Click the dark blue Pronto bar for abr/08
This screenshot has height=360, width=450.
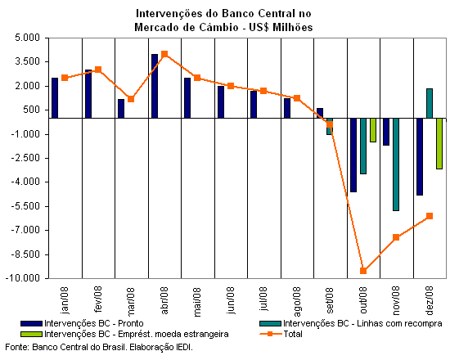click(x=155, y=86)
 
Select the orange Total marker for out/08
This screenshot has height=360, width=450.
click(x=363, y=271)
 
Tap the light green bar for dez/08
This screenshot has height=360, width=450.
click(x=439, y=143)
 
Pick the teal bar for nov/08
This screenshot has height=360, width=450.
click(x=396, y=164)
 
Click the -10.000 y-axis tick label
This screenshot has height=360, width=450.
click(x=23, y=278)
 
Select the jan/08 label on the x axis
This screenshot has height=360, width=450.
click(x=65, y=300)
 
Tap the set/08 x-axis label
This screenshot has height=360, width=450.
click(x=330, y=300)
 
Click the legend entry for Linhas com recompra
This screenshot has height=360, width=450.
click(x=351, y=323)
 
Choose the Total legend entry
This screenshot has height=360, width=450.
click(x=281, y=334)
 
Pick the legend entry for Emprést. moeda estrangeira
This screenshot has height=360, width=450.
click(x=124, y=334)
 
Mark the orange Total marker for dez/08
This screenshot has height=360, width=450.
click(x=430, y=216)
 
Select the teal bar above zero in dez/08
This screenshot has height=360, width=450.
click(x=430, y=103)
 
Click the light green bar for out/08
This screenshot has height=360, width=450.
click(x=373, y=130)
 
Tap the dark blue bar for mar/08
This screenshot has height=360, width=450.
click(x=121, y=109)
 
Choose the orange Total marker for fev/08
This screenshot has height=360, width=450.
click(x=98, y=70)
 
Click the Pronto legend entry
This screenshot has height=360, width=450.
click(x=82, y=323)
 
